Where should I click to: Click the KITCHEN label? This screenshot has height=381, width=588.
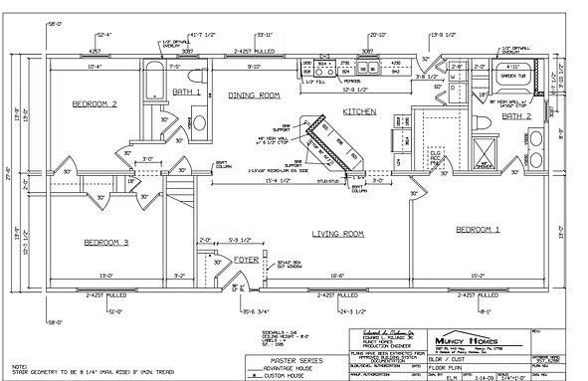(359, 112)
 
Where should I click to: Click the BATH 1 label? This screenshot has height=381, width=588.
(186, 92)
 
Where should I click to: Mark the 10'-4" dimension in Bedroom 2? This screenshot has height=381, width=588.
(96, 68)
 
